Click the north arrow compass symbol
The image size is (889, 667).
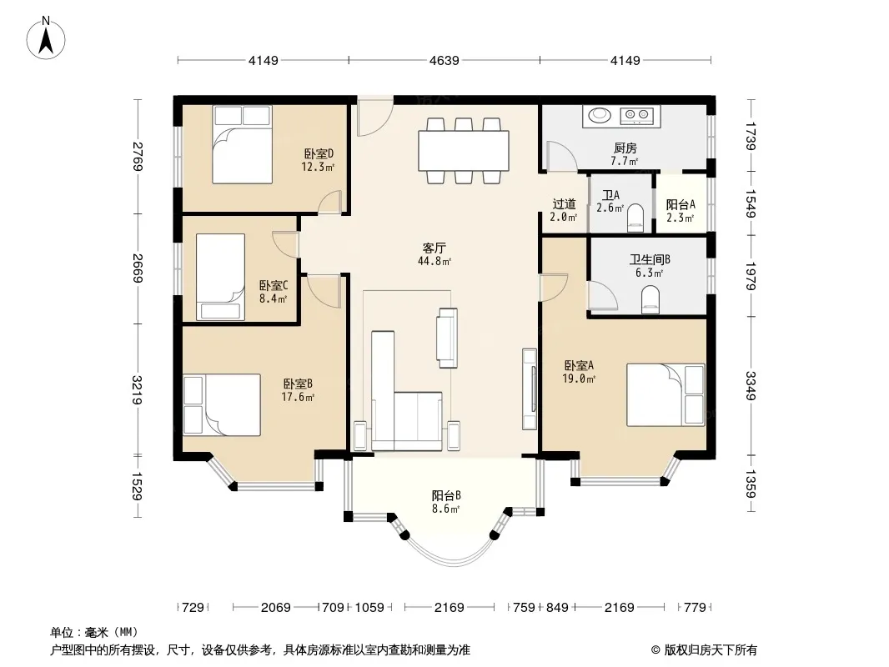click(x=45, y=38)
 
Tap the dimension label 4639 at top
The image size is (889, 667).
click(x=444, y=60)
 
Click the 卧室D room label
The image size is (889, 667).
click(x=318, y=153)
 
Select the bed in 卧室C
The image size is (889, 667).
click(x=220, y=277)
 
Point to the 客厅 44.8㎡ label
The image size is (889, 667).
click(x=434, y=254)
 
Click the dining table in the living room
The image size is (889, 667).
click(x=463, y=150)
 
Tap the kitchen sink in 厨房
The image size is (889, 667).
click(x=600, y=116)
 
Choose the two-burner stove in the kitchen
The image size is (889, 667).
click(x=636, y=116)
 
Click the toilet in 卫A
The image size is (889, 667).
click(x=635, y=218)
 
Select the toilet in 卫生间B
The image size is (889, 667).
click(x=650, y=300)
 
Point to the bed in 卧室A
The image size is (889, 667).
click(x=665, y=395)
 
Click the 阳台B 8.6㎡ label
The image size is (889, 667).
click(x=445, y=502)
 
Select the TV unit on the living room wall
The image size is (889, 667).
click(x=530, y=389)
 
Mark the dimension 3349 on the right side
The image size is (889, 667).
click(x=751, y=385)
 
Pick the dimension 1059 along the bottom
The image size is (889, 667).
click(x=369, y=608)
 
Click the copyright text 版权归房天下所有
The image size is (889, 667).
click(x=711, y=650)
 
